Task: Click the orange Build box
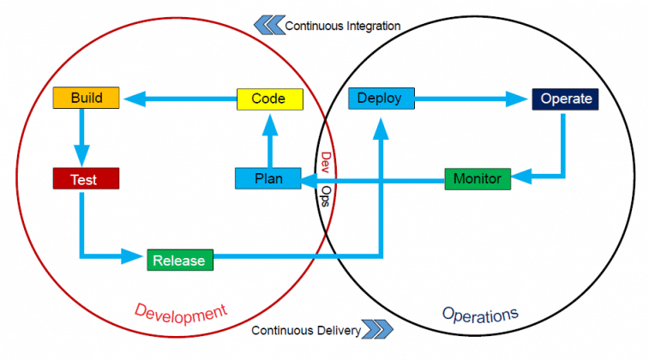coord(87,98)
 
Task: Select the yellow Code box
coord(270,99)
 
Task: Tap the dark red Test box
coord(85,179)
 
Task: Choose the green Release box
coord(179,260)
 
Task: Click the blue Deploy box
coord(381,99)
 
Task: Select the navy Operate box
coord(564,99)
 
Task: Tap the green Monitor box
coord(478,178)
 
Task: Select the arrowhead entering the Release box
coord(134,256)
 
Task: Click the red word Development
coord(180,312)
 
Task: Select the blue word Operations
coord(481,315)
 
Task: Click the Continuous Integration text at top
coord(343,26)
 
